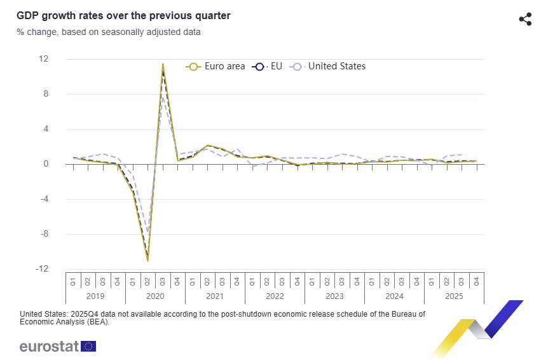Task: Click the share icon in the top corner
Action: point(525,19)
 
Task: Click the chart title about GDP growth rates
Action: point(124,15)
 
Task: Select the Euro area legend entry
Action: point(216,66)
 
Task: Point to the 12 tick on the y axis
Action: point(44,59)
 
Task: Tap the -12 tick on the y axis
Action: point(42,269)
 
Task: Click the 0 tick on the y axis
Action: point(46,164)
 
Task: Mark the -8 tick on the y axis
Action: point(44,234)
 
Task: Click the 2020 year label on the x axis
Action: point(155,296)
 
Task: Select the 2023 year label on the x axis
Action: point(334,296)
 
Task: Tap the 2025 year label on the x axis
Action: point(454,296)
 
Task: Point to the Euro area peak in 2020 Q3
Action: point(163,64)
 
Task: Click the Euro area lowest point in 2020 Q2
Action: point(148,260)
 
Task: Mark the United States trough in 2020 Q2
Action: point(148,233)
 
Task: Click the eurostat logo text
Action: point(49,347)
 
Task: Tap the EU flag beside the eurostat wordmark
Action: point(88,347)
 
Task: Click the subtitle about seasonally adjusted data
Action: point(109,32)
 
